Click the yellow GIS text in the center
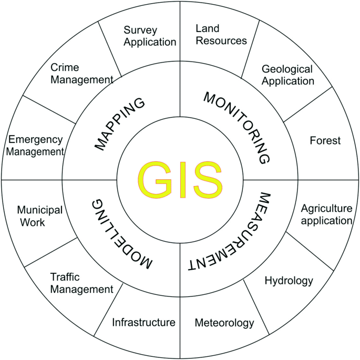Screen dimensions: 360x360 179,179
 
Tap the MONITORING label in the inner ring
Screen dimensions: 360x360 237,126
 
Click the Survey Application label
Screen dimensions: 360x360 149,36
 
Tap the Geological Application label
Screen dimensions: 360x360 287,75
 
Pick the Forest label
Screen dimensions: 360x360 325,141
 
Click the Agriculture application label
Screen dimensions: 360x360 325,214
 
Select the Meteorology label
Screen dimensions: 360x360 224,323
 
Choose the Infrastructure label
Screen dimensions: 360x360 143,322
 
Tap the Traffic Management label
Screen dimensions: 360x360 81,283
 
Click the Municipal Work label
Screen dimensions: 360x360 39,216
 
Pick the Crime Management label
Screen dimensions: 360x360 81,74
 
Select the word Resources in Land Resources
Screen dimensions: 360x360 221,40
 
